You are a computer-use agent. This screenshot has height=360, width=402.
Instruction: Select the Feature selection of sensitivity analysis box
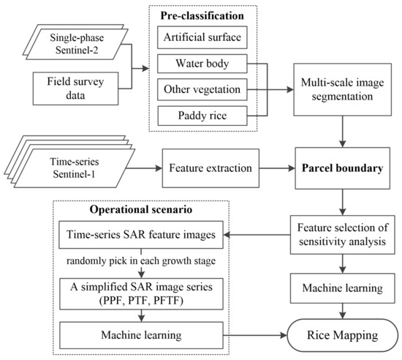click(x=339, y=235)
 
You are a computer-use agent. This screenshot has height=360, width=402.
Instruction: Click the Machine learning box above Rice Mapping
click(x=339, y=288)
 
